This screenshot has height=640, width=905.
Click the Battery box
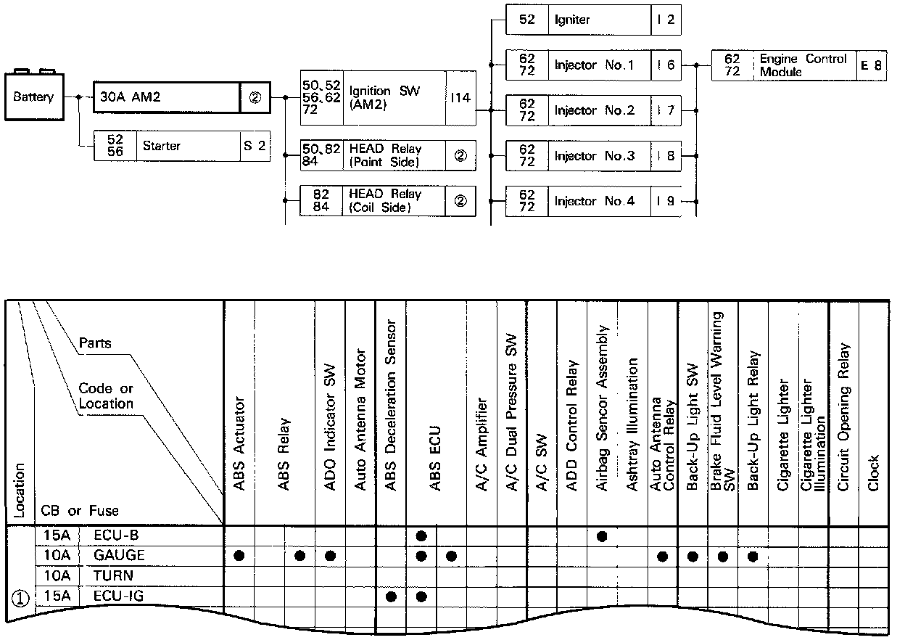pyautogui.click(x=33, y=97)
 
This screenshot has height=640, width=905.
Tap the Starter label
pyautogui.click(x=162, y=146)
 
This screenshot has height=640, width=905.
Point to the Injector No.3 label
pyautogui.click(x=594, y=156)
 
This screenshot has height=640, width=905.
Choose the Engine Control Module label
pyautogui.click(x=803, y=65)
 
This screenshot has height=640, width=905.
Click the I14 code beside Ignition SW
pyautogui.click(x=460, y=98)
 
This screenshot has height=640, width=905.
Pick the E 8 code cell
pyautogui.click(x=871, y=65)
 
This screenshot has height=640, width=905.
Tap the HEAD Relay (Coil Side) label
pyautogui.click(x=385, y=201)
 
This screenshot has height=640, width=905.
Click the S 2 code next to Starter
pyautogui.click(x=255, y=146)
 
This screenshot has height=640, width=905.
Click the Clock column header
pyautogui.click(x=874, y=472)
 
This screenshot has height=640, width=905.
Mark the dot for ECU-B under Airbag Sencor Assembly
pyautogui.click(x=602, y=536)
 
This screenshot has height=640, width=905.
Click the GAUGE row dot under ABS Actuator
pyautogui.click(x=239, y=556)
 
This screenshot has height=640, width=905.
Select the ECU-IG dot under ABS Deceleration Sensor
pyautogui.click(x=392, y=596)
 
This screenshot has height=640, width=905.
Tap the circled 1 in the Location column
pyautogui.click(x=20, y=599)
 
